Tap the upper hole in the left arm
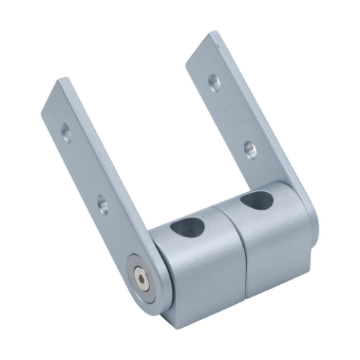[x=66, y=131]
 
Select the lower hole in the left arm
[x=102, y=203]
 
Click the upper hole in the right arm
[x=214, y=81]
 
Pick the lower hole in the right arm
[x=250, y=149]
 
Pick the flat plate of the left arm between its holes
[x=84, y=168]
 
